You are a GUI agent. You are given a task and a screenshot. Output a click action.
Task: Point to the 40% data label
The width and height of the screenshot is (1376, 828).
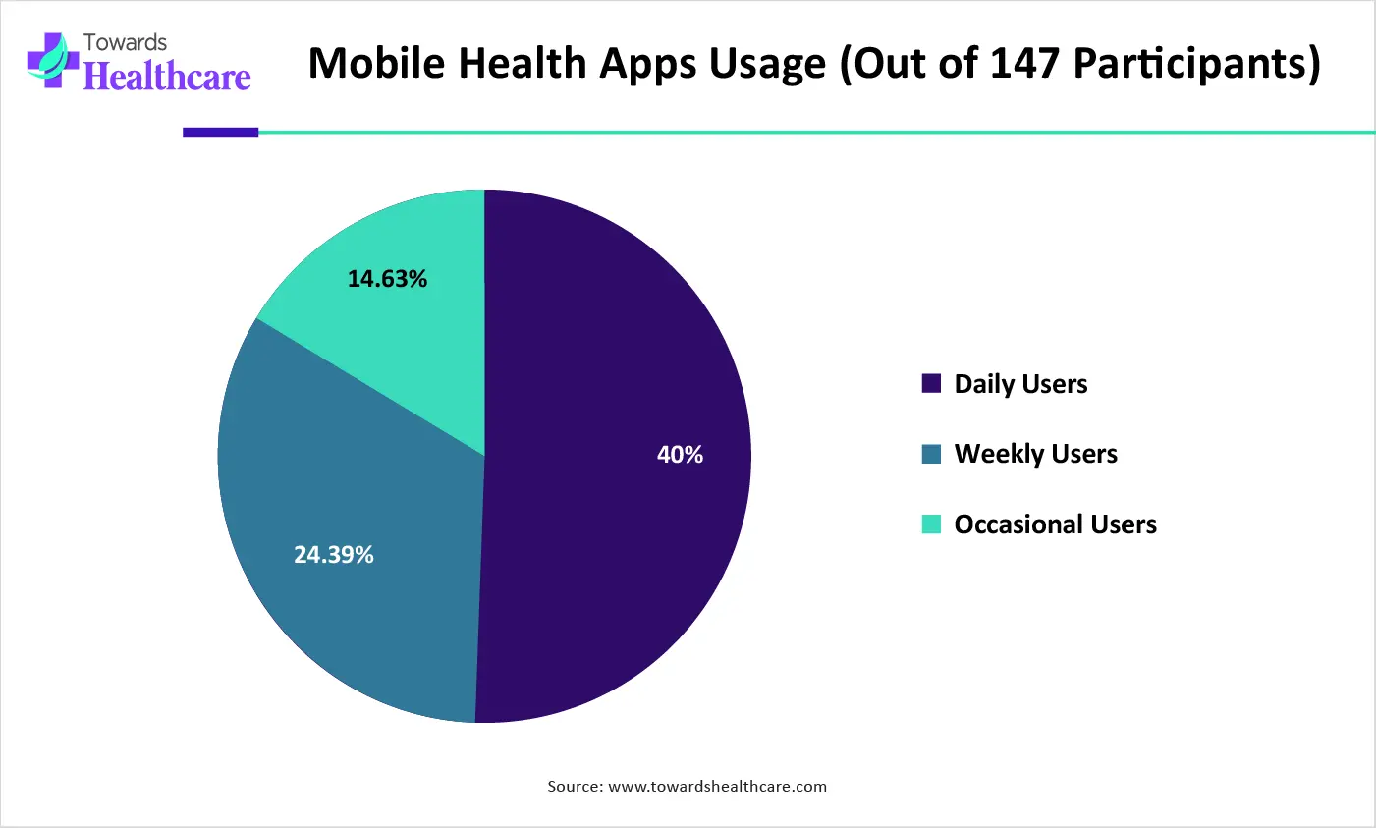[x=680, y=455]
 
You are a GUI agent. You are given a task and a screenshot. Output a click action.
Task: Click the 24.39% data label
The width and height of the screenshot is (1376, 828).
[x=334, y=555]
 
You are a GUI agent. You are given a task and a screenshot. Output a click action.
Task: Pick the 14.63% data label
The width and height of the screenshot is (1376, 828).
[x=387, y=279]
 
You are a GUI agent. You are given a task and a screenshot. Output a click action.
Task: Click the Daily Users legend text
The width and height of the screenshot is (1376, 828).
[x=1020, y=384]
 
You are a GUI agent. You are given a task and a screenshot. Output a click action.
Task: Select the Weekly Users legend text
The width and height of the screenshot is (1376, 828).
[x=1035, y=454]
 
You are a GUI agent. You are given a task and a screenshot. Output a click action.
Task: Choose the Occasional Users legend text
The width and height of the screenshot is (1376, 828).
[x=1055, y=524]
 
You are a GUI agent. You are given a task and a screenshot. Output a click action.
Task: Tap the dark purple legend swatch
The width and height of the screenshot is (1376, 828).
[x=931, y=383]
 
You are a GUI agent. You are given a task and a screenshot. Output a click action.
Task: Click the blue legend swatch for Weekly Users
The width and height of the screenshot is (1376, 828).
[x=931, y=454]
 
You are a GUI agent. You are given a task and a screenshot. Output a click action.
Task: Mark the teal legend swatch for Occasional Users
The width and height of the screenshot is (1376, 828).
[x=931, y=524]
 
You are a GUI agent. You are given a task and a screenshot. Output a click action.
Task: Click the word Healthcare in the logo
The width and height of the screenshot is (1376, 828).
[x=168, y=77]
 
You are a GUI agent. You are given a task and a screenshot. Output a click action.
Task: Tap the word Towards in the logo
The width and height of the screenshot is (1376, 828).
[x=125, y=42]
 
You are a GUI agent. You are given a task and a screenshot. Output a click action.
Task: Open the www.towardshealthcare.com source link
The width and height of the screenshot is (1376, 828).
[x=717, y=786]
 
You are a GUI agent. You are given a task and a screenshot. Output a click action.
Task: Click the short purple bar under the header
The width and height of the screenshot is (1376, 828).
[x=220, y=132]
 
